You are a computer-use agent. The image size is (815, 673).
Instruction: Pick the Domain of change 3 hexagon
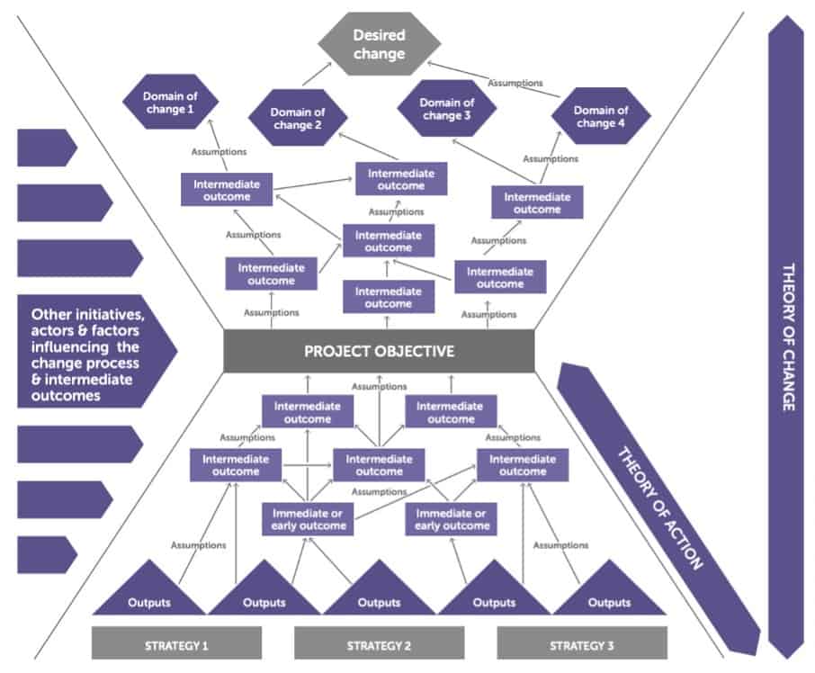click(x=447, y=109)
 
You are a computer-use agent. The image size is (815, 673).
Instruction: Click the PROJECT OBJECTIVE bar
click(x=379, y=351)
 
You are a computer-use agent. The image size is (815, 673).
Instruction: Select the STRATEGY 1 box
click(x=176, y=644)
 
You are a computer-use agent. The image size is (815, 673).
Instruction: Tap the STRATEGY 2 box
click(x=379, y=644)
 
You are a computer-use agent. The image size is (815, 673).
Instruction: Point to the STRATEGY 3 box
click(x=582, y=644)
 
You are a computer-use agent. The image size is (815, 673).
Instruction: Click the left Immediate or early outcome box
click(x=308, y=518)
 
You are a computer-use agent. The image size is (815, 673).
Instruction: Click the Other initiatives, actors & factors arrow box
click(x=90, y=352)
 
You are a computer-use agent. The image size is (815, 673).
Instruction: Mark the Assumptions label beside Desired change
click(x=515, y=83)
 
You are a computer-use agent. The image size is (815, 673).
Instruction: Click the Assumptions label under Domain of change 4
click(x=551, y=159)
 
